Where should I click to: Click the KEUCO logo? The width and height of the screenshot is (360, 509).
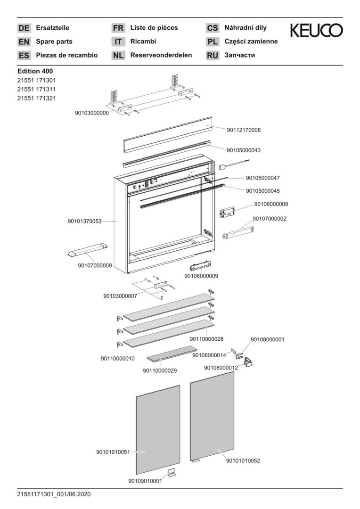pyautogui.click(x=316, y=31)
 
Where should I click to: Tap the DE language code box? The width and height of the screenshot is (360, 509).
pyautogui.click(x=24, y=28)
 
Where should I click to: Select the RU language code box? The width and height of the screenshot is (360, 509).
pyautogui.click(x=212, y=55)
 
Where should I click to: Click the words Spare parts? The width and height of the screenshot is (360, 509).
pyautogui.click(x=54, y=41)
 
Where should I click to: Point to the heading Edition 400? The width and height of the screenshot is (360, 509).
pyautogui.click(x=35, y=71)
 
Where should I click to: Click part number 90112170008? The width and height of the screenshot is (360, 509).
pyautogui.click(x=244, y=130)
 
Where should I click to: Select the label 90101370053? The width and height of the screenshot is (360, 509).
pyautogui.click(x=84, y=221)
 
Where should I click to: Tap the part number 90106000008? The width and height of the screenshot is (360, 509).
pyautogui.click(x=271, y=204)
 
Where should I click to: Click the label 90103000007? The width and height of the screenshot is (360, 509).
pyautogui.click(x=120, y=296)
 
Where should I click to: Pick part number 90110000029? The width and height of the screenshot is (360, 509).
pyautogui.click(x=160, y=371)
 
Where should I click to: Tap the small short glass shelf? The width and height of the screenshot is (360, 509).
pyautogui.click(x=172, y=353)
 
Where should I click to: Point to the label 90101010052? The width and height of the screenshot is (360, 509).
pyautogui.click(x=243, y=460)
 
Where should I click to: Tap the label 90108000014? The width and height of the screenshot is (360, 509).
pyautogui.click(x=209, y=355)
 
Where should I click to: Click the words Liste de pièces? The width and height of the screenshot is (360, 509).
pyautogui.click(x=154, y=28)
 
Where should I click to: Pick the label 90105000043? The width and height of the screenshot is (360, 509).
pyautogui.click(x=244, y=150)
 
